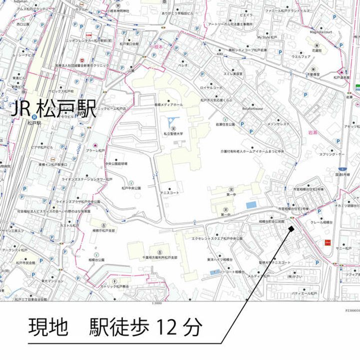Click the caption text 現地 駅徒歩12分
(x=115, y=327)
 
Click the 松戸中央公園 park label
(x=131, y=188)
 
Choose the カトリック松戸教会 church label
(x=114, y=286)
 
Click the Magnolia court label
(x=321, y=31)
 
